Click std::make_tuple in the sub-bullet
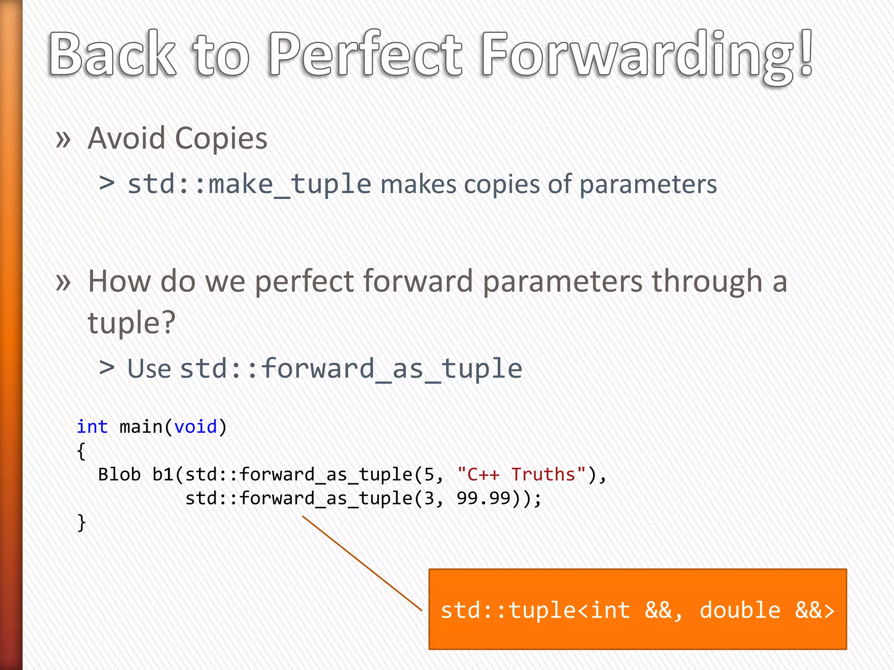point(249,184)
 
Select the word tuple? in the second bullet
point(131,323)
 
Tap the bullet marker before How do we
point(63,282)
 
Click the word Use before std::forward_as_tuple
point(149,369)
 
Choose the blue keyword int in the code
point(92,427)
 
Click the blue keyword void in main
point(195,427)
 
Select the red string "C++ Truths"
point(521,474)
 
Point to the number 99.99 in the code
point(483,498)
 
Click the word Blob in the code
point(119,475)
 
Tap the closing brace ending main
point(82,522)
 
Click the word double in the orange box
point(739,610)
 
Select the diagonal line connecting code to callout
point(362,563)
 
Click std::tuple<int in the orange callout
point(535,610)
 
